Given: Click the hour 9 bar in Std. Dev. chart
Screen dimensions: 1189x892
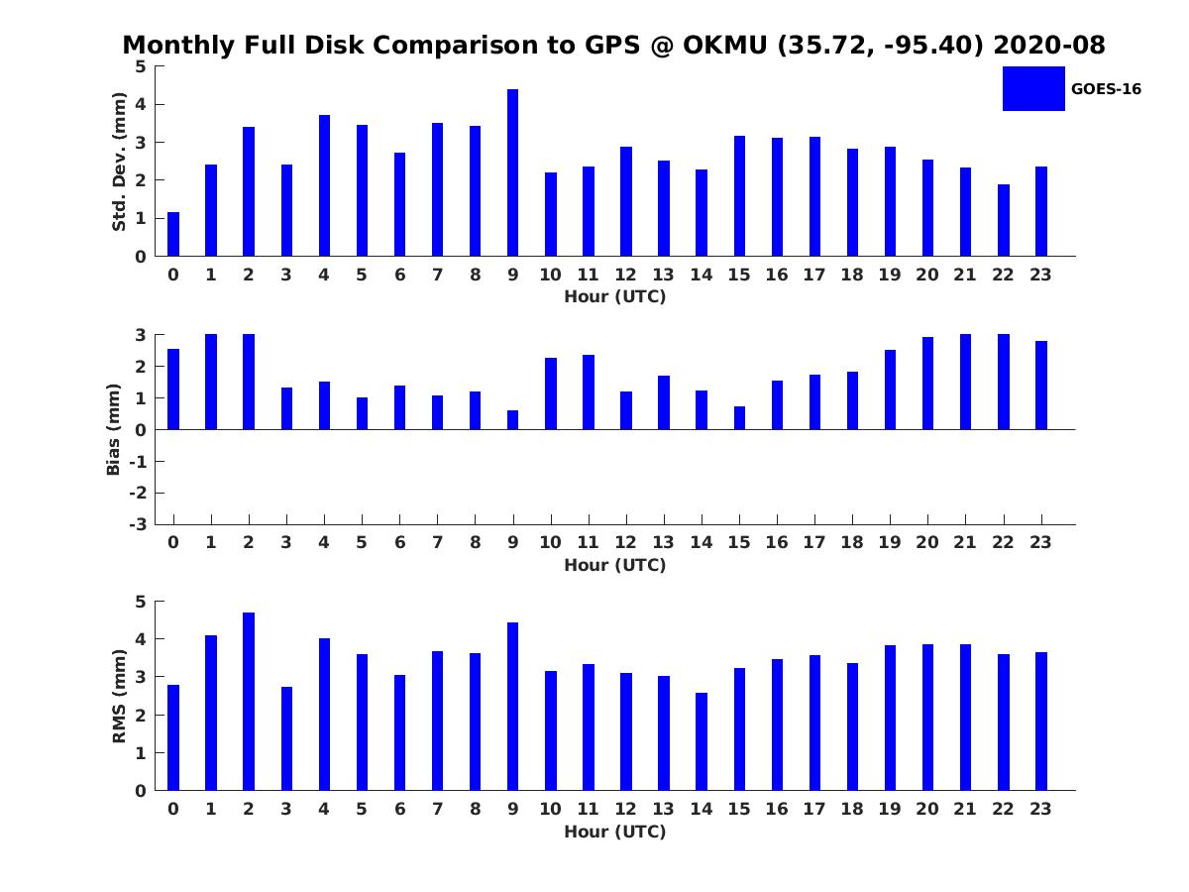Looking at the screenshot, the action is pos(512,172).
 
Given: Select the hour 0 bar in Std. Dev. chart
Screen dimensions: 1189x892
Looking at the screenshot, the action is pos(173,234).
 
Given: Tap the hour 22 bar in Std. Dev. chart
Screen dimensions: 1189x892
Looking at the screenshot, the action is pos(1003,220).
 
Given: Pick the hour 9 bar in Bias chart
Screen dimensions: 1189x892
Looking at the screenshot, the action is pos(512,420).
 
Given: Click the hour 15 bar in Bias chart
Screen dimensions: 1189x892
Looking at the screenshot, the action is pos(739,418).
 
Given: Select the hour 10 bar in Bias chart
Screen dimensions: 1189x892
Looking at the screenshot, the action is pos(551,393).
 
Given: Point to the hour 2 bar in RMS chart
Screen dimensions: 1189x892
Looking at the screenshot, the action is pos(249,702).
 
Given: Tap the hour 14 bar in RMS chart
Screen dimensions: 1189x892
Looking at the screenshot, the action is pos(702,742).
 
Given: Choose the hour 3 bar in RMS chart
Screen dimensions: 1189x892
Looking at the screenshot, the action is pos(286,738).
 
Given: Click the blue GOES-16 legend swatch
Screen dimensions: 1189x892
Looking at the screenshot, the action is pos(1033,89).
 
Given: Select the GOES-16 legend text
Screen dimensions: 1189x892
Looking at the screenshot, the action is pos(1106,89).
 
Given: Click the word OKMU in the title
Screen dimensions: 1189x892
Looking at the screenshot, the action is pos(724,46).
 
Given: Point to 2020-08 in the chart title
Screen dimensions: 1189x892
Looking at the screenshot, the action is pos(1049,46).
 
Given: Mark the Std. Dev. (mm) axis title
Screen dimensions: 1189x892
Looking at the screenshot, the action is pos(119,162).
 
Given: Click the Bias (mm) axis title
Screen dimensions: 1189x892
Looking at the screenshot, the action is pos(113,429).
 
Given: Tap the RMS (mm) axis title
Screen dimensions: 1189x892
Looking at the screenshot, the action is pos(119,696).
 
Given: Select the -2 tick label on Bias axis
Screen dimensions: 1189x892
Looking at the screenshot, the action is pos(138,493).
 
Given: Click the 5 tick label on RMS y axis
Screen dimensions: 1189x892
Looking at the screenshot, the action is pos(142,602).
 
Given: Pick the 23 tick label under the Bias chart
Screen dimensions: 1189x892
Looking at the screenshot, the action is pos(1040,542).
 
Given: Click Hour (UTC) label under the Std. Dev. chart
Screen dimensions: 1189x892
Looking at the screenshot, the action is pos(615,296).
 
